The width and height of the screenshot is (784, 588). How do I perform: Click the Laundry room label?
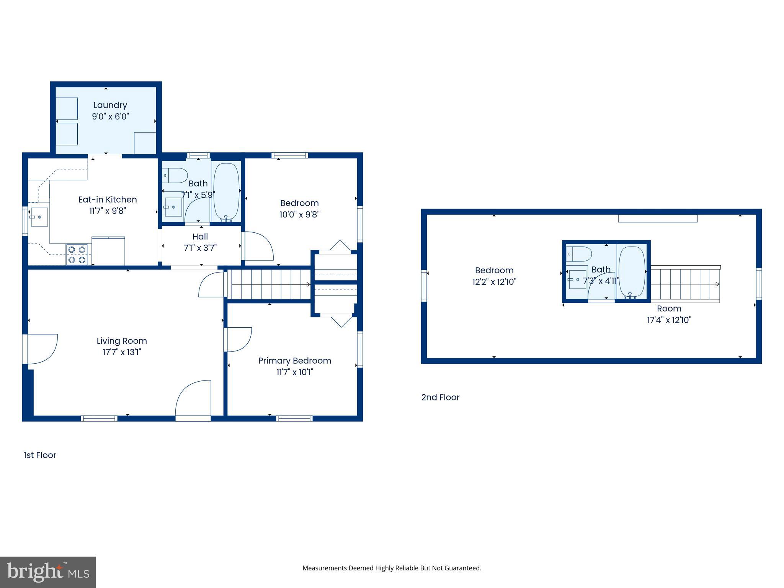click(x=110, y=105)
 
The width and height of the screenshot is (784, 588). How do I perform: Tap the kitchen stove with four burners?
click(x=77, y=255)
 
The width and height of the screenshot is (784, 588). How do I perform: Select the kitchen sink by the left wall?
click(x=39, y=217)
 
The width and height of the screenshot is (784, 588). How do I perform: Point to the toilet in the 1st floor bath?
click(x=175, y=175)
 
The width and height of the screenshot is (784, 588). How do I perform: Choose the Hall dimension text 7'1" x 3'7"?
click(x=200, y=248)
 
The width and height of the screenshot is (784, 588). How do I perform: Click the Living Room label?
click(x=121, y=341)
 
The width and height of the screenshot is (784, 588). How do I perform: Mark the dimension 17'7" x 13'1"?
click(x=121, y=352)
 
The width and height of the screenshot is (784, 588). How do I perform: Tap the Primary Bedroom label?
click(x=294, y=361)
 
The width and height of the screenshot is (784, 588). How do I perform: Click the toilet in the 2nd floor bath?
click(x=580, y=254)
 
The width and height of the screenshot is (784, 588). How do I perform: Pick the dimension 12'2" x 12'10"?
click(x=494, y=282)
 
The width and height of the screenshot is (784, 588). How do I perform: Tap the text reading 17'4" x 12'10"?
click(x=669, y=320)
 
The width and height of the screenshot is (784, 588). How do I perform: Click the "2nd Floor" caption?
click(x=440, y=397)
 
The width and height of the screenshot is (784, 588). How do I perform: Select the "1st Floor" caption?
click(x=40, y=455)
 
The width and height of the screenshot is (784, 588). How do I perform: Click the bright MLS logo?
click(x=48, y=572)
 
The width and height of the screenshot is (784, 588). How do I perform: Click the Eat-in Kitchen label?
click(x=108, y=199)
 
